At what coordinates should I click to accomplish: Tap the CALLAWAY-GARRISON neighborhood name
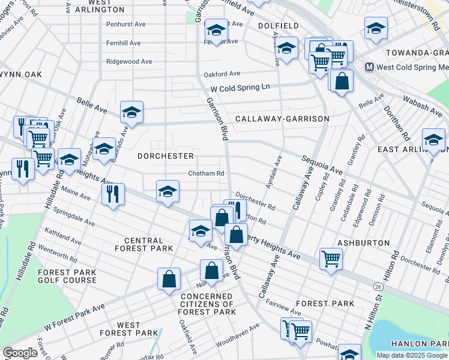[282, 119]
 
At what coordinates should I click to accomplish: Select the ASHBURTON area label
[364, 243]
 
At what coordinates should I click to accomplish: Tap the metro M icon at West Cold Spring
[369, 67]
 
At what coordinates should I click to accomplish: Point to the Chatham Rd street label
[206, 173]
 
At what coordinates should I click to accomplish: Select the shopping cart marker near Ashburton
[331, 259]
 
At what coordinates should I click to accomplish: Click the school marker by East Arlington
[433, 140]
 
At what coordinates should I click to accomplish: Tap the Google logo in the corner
[20, 353]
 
